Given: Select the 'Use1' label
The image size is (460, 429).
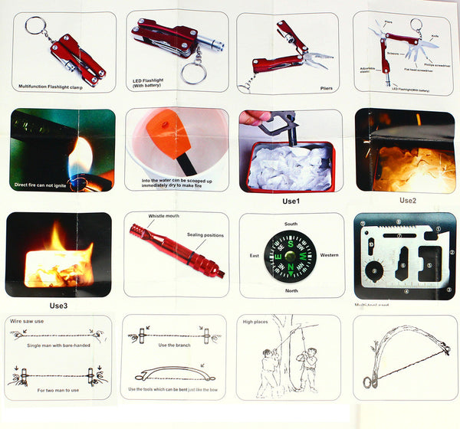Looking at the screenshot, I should [x=291, y=201].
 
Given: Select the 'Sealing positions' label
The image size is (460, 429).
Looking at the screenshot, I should [x=205, y=235].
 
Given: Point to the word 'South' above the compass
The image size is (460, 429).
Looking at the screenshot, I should [x=290, y=224].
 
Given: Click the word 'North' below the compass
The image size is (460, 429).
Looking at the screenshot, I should [x=291, y=290].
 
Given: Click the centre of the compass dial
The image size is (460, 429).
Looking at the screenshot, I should [x=291, y=256].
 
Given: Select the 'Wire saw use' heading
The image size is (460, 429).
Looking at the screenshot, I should [x=27, y=321].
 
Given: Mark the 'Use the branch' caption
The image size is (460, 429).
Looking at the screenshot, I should [x=174, y=345].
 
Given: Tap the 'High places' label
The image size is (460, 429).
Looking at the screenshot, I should [x=255, y=321].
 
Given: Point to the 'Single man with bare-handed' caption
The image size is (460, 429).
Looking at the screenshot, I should [x=60, y=346].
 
